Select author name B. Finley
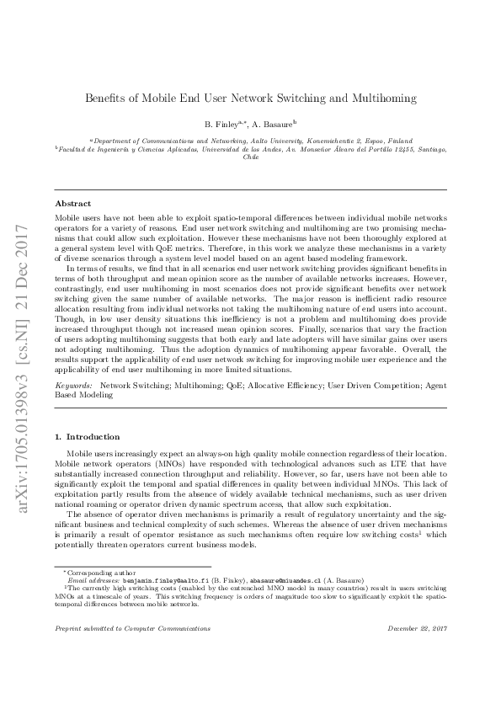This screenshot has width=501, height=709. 221,123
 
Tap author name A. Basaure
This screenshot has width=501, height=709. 275,123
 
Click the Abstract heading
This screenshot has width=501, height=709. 73,204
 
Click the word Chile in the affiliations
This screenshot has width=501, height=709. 251,157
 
